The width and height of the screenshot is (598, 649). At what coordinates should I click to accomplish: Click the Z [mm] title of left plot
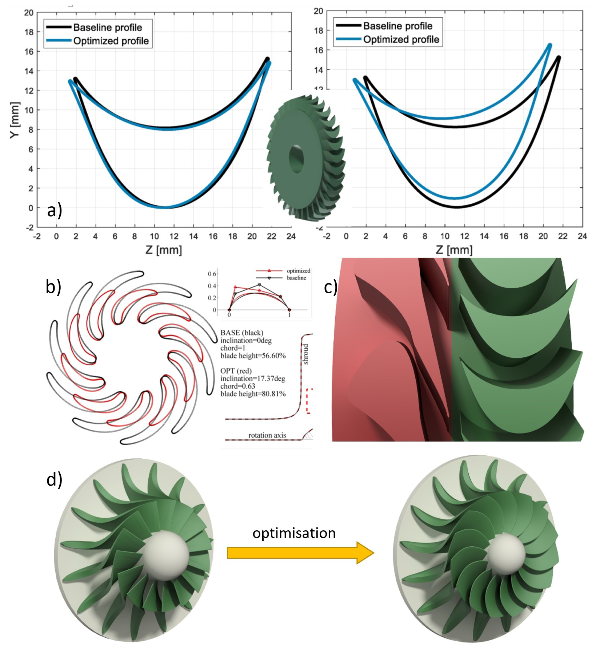tap(164, 250)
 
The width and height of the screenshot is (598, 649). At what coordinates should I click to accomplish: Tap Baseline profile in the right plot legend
tap(398, 26)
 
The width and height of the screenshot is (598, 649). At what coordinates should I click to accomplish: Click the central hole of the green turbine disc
tap(296, 159)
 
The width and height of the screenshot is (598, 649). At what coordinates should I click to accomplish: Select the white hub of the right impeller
tap(505, 554)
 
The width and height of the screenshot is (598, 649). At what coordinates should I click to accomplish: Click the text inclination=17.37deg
tap(253, 378)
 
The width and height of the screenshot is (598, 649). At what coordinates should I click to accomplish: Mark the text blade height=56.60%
tap(253, 356)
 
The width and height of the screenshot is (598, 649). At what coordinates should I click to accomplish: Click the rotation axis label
tap(267, 435)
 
